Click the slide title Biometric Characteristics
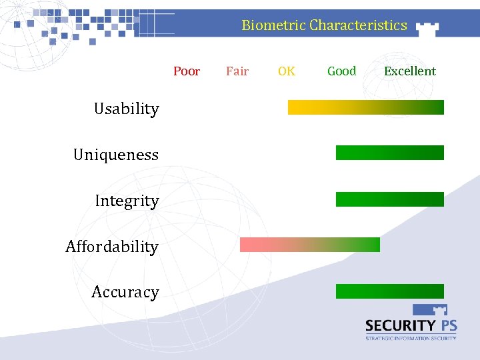(324, 25)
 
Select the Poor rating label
(187, 71)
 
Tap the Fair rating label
(237, 71)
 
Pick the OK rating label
(287, 71)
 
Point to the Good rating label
(341, 71)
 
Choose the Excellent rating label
(409, 71)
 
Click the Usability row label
(127, 109)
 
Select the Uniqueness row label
(116, 155)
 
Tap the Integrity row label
(127, 201)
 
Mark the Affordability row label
(112, 247)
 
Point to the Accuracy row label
(125, 292)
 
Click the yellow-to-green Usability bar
(365, 107)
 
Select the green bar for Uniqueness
(389, 153)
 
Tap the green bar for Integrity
(389, 199)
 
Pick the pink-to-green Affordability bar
(309, 245)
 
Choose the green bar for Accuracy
(389, 291)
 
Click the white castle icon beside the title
(427, 27)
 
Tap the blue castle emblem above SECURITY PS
(430, 311)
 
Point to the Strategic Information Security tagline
(411, 338)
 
